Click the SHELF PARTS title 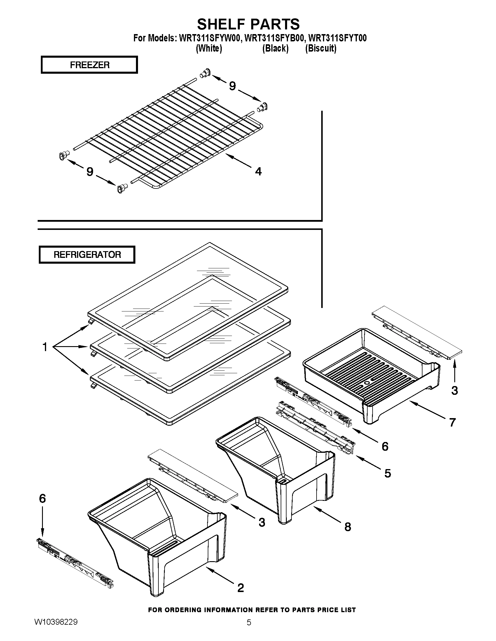pyautogui.click(x=248, y=24)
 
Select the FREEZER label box pyautogui.click(x=89, y=65)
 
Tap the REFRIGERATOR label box pyautogui.click(x=87, y=254)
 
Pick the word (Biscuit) pyautogui.click(x=321, y=48)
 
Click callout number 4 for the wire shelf pyautogui.click(x=258, y=171)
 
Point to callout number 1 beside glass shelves pyautogui.click(x=45, y=347)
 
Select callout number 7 pyautogui.click(x=452, y=422)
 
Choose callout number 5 pyautogui.click(x=387, y=473)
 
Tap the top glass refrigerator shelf pyautogui.click(x=188, y=299)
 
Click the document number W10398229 pyautogui.click(x=56, y=630)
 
